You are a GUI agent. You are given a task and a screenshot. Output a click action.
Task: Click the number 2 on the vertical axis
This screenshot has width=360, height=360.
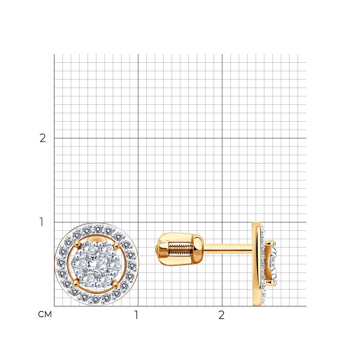tap(43, 138)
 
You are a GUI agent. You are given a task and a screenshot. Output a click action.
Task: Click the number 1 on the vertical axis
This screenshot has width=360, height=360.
tap(41, 222)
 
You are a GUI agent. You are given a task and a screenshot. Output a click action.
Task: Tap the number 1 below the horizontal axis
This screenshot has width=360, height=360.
tap(136, 315)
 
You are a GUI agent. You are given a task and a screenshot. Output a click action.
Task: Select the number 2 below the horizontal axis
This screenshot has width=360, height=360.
tap(221, 315)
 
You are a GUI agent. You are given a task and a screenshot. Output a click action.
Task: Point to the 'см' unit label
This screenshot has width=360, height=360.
tap(45, 314)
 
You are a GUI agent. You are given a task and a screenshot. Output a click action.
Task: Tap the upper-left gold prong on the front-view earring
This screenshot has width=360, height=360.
tap(77, 244)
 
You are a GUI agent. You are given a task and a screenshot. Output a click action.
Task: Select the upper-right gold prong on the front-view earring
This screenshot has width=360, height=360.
tap(116, 245)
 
